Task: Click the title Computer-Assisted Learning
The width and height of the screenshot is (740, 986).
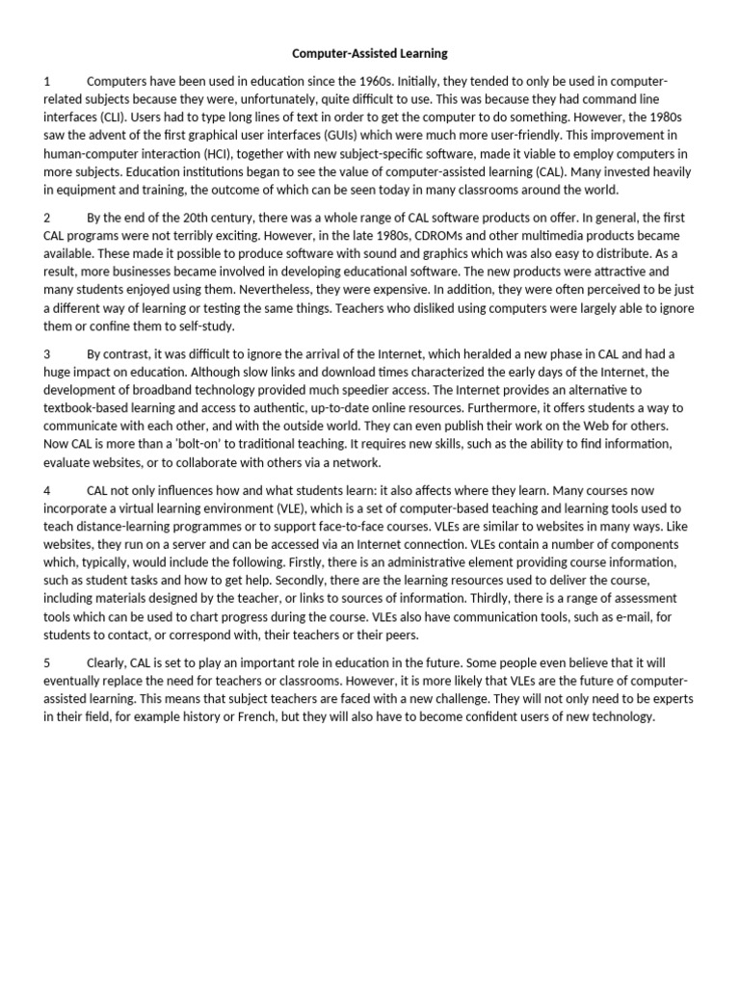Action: pyautogui.click(x=370, y=53)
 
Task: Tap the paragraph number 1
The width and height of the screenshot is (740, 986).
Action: pyautogui.click(x=46, y=82)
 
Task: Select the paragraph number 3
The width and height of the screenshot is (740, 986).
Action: pyautogui.click(x=47, y=353)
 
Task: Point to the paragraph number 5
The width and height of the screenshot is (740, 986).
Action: pyautogui.click(x=47, y=663)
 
